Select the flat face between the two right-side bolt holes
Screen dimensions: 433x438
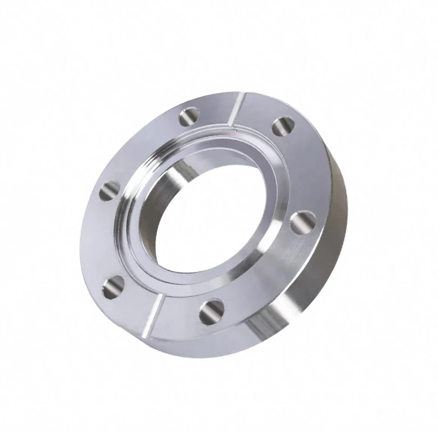[299, 172]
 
